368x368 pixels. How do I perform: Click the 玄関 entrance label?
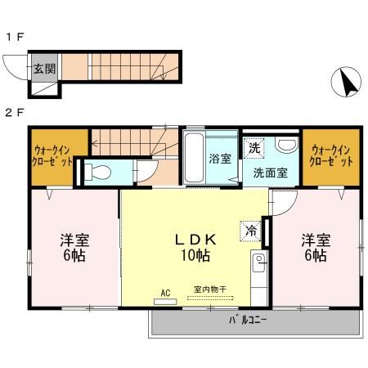pyautogui.click(x=44, y=70)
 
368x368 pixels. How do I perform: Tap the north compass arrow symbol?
pyautogui.click(x=347, y=82)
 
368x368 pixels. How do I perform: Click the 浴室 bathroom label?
pyautogui.click(x=220, y=157)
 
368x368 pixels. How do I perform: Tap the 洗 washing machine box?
pyautogui.click(x=254, y=148)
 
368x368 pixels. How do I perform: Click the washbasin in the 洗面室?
pyautogui.click(x=286, y=145)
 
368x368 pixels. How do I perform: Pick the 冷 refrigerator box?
pyautogui.click(x=249, y=231)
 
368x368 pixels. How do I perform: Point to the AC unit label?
pyautogui.click(x=164, y=292)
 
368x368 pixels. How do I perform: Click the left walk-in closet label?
pyautogui.click(x=52, y=155)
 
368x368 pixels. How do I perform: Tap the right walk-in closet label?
pyautogui.click(x=332, y=155)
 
